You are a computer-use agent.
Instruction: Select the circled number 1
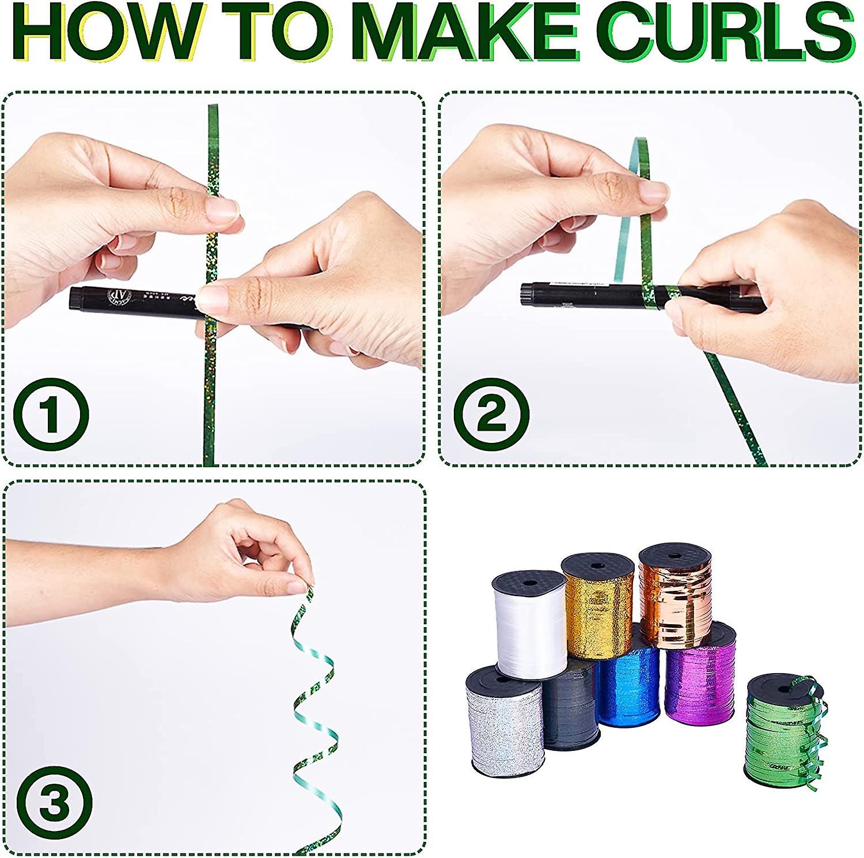[51, 414]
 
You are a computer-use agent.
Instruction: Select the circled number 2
[491, 414]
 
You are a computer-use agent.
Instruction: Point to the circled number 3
[54, 803]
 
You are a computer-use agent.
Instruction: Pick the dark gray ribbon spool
[570, 708]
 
